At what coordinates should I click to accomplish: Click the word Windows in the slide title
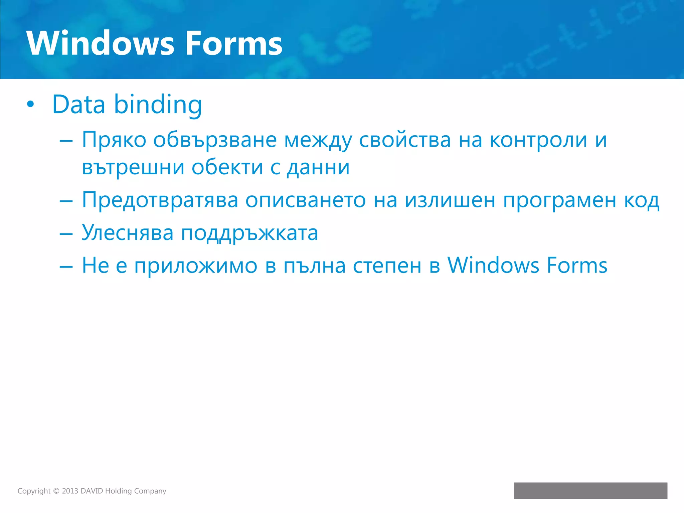(100, 43)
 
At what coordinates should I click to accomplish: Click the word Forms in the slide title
(234, 43)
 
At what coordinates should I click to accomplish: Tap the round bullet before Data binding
(30, 104)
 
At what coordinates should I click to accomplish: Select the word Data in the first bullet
(79, 104)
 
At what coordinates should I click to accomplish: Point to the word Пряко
(114, 140)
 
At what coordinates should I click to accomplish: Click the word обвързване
(215, 140)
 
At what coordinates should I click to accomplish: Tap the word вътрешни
(133, 167)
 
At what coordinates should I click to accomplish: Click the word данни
(318, 167)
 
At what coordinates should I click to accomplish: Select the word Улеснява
(128, 232)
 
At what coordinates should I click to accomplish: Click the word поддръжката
(249, 233)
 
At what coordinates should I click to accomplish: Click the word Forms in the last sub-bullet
(577, 266)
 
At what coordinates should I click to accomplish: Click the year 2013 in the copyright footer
(70, 491)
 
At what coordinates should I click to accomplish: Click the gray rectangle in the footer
(590, 491)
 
